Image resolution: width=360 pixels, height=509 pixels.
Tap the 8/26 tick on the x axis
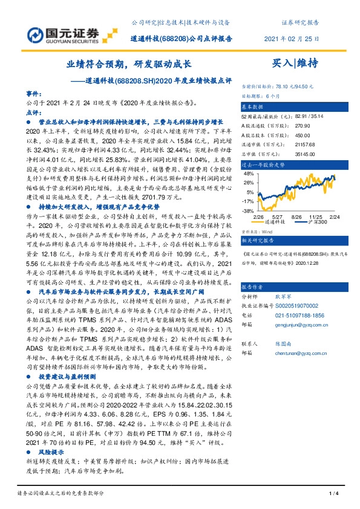[296, 215]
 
